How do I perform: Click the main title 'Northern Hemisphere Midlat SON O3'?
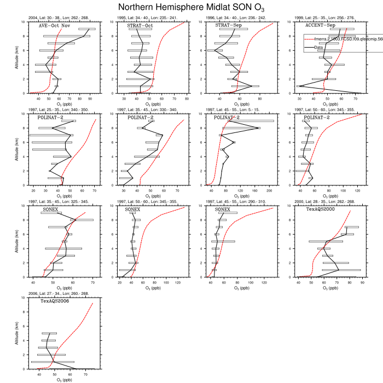(x=191, y=7)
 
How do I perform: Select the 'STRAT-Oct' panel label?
(x=140, y=26)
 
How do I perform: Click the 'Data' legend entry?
(x=318, y=47)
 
